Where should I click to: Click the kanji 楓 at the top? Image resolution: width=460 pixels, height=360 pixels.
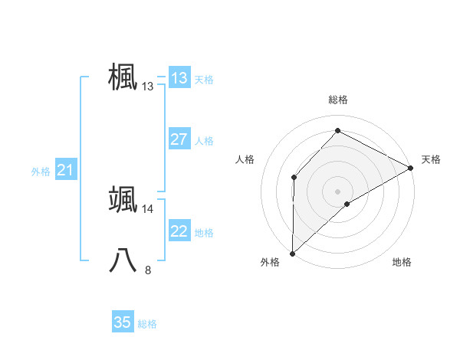point(123,77)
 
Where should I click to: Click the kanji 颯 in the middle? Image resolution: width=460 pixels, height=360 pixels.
point(123,198)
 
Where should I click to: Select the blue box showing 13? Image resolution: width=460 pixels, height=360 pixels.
point(179,78)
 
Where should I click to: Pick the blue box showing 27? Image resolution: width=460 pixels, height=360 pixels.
point(179,139)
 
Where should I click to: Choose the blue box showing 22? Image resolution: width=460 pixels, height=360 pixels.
point(179,231)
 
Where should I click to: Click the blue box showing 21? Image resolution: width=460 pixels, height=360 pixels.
point(65,170)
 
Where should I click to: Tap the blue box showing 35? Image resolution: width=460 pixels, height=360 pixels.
point(123,322)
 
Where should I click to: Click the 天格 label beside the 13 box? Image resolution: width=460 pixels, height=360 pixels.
point(204,79)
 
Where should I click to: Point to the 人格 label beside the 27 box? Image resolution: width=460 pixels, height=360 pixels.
point(204,140)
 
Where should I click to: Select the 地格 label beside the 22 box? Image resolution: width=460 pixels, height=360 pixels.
point(204,232)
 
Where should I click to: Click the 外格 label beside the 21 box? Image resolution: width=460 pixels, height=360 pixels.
point(41,172)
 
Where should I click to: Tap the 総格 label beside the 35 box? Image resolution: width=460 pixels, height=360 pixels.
point(147,323)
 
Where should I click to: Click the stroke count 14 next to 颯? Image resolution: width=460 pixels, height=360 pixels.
point(148,208)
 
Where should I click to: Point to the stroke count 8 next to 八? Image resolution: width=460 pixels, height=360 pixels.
point(148,270)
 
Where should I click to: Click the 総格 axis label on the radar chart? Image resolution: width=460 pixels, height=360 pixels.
point(338,100)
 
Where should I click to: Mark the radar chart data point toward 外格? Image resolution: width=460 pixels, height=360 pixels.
point(292,253)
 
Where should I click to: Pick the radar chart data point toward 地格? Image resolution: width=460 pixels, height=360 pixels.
point(347,204)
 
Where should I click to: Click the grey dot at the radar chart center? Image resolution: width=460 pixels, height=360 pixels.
point(337,191)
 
